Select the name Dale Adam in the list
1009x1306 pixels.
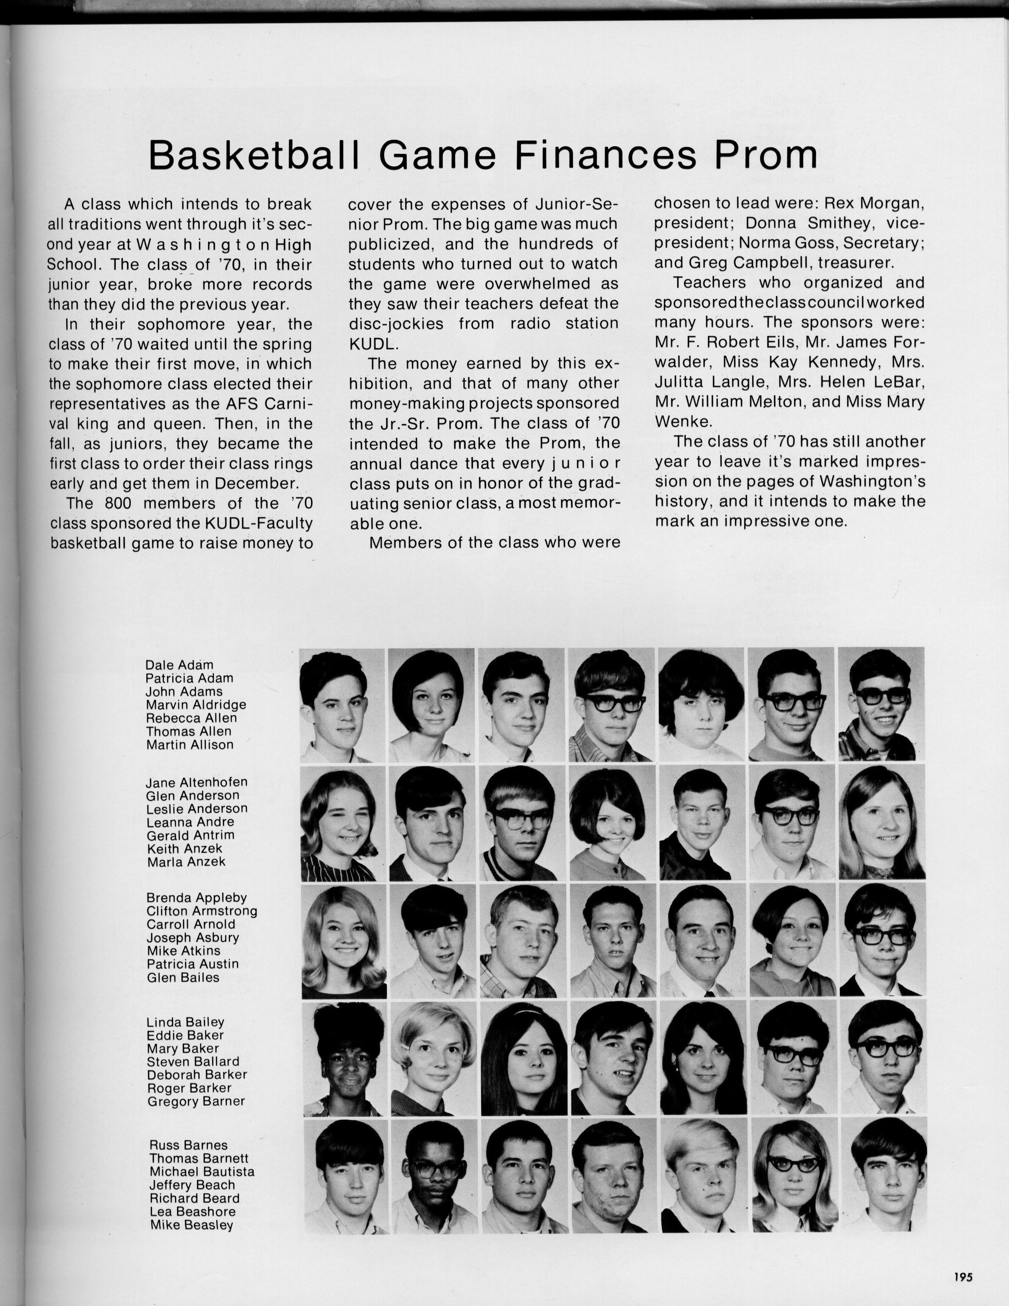point(179,665)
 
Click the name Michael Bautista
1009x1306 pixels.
point(201,1172)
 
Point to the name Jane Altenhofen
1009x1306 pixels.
point(196,782)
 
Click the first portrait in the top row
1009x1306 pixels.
point(342,705)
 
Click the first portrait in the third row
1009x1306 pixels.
point(344,942)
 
